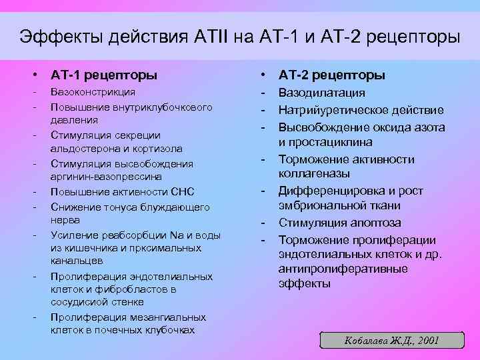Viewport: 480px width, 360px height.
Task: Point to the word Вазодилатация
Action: click(321, 93)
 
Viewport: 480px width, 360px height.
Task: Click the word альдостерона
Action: click(79, 149)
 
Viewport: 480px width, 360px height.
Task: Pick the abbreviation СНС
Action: click(181, 192)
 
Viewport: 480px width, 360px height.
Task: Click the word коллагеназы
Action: click(313, 174)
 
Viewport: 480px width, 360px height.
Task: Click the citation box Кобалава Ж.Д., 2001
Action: click(391, 340)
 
